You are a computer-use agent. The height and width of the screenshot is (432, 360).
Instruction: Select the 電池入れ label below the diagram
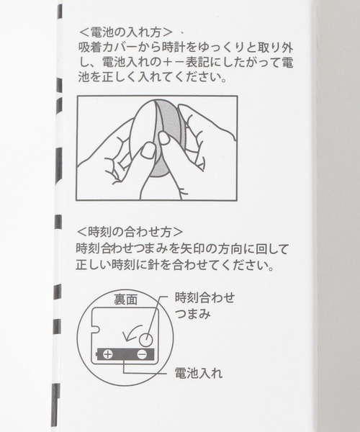[x=199, y=373]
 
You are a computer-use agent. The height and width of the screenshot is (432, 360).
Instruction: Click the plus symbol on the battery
[x=107, y=354]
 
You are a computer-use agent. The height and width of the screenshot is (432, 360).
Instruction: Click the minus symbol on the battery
[x=142, y=354]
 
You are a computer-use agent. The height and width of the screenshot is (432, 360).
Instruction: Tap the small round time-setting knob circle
[x=146, y=339]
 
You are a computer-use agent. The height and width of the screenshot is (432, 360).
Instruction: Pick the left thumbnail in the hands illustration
[x=148, y=150]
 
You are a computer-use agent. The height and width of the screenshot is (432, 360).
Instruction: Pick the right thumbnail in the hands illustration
[x=164, y=138]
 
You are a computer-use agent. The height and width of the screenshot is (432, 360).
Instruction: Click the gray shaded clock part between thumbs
[x=175, y=144]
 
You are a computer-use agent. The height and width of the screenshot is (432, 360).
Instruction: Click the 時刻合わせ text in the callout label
[x=205, y=297]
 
